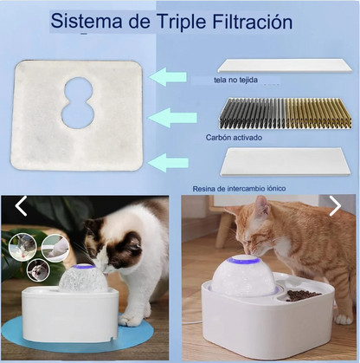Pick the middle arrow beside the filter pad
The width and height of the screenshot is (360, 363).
pyautogui.click(x=174, y=116)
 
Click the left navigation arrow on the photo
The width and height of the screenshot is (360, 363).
pyautogui.click(x=22, y=206)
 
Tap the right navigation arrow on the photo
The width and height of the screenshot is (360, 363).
pyautogui.click(x=336, y=205)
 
